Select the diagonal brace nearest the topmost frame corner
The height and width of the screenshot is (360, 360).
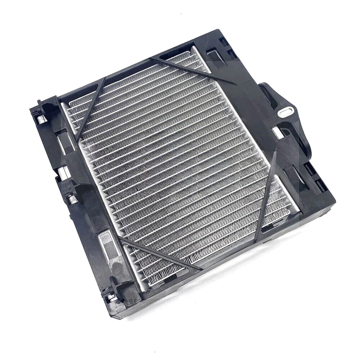(191, 70)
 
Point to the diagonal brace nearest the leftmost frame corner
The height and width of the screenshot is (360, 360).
(90, 109)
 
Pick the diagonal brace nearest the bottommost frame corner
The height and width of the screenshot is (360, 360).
(161, 255)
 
